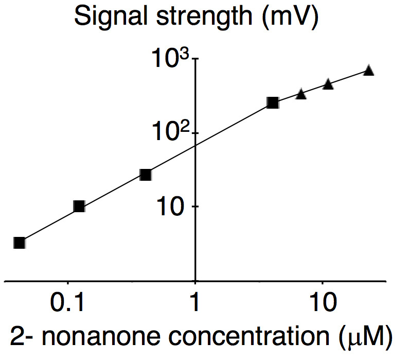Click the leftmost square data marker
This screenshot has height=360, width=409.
(20, 243)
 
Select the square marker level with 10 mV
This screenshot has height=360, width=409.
(79, 207)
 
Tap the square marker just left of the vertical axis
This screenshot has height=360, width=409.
(146, 175)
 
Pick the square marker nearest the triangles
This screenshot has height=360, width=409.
(273, 103)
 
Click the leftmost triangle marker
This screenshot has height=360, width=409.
(301, 94)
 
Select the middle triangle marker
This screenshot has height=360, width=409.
(328, 84)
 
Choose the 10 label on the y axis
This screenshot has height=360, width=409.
(173, 208)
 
